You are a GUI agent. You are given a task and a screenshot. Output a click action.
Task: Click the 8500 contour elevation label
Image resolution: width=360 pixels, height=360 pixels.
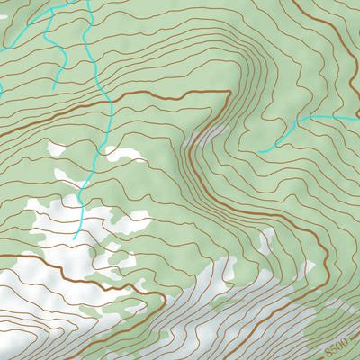pos(336,345)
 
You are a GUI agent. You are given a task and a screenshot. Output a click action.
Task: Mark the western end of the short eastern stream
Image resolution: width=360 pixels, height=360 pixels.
pos(259,151)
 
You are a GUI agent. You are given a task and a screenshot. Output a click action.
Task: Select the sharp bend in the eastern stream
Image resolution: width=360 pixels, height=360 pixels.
pos(298,120)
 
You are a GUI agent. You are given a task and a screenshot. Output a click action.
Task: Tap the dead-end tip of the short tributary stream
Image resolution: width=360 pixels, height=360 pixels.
pos(55,87)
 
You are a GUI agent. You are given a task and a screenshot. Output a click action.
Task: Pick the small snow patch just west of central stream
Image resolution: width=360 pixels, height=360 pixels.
pos(57,148)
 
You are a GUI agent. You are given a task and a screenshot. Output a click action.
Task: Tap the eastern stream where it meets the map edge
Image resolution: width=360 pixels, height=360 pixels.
pos(358,118)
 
